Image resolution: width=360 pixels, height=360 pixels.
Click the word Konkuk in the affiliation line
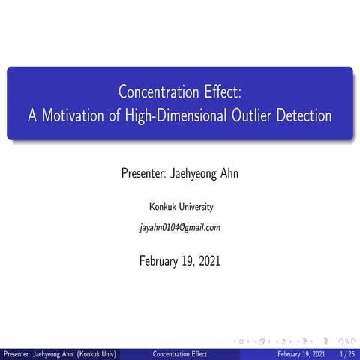163,206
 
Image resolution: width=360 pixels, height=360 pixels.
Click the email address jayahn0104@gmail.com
180,227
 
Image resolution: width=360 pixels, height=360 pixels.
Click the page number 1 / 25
348,353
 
